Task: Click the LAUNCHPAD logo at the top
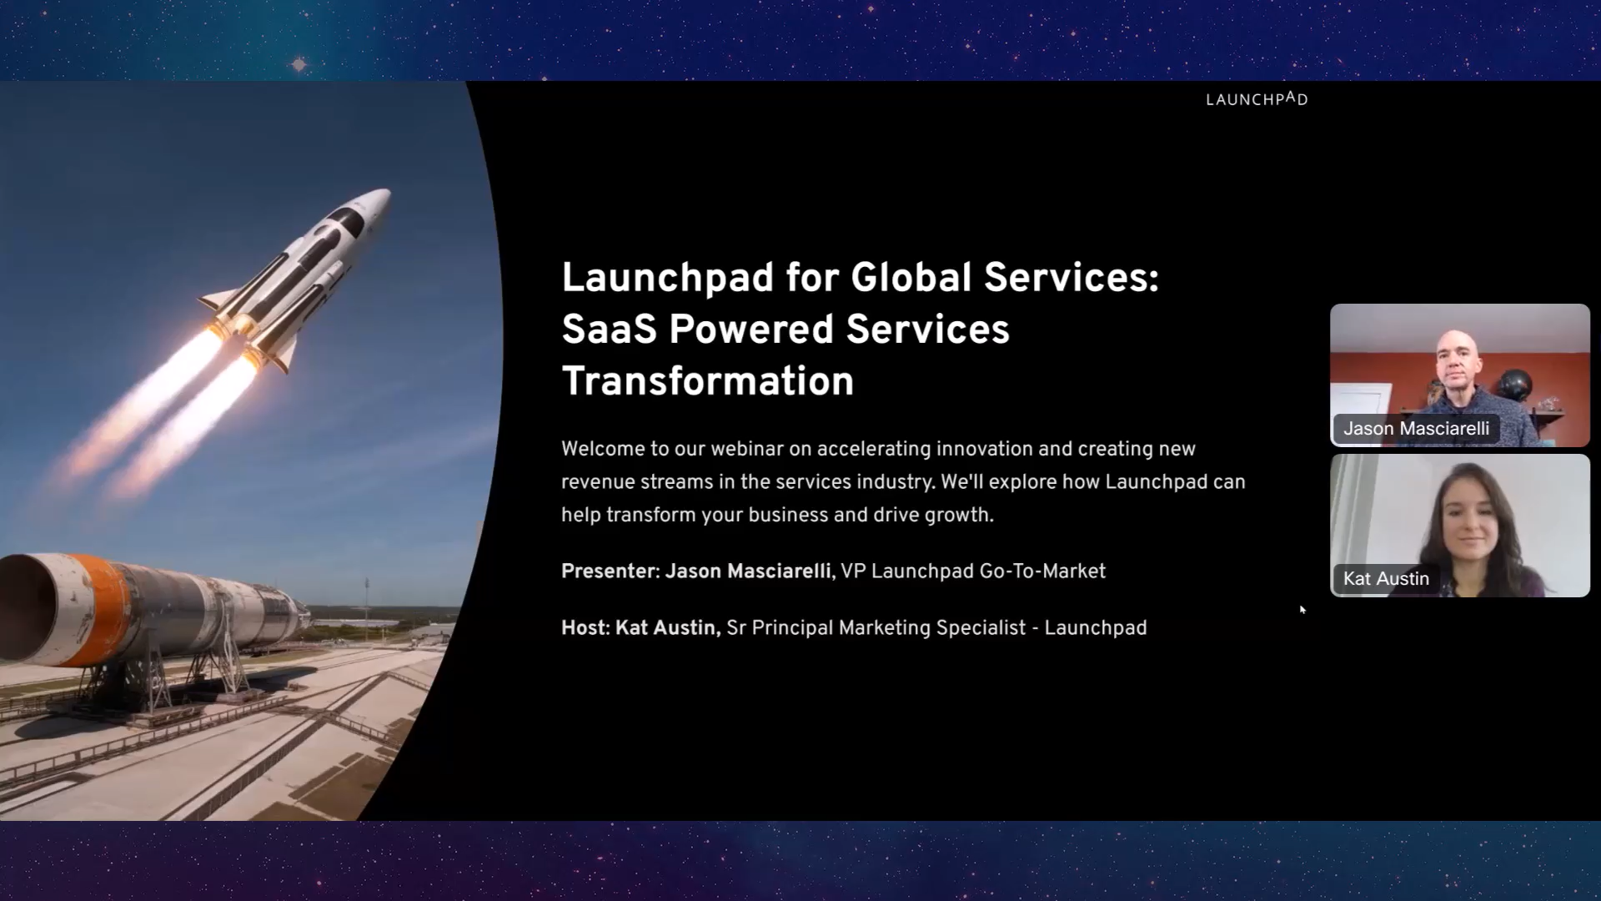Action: click(x=1257, y=99)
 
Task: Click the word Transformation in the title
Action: click(x=708, y=381)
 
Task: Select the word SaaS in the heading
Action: click(x=610, y=330)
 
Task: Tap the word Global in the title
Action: click(x=911, y=278)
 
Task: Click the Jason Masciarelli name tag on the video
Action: click(x=1416, y=429)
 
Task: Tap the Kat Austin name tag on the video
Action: click(x=1386, y=579)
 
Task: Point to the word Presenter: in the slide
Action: click(x=610, y=571)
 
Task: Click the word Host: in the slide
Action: click(x=585, y=628)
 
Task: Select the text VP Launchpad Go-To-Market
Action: click(x=973, y=571)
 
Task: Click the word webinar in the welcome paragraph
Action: click(x=746, y=449)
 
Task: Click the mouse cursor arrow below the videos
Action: click(x=1302, y=609)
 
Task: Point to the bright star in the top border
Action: click(x=299, y=64)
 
